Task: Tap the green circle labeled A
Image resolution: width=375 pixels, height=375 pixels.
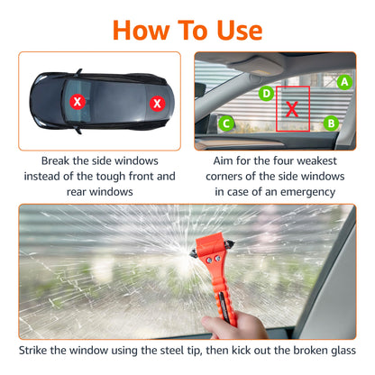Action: point(343,81)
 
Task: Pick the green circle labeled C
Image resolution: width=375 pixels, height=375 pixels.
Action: point(227,123)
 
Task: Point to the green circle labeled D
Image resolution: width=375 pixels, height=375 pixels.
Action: point(266,93)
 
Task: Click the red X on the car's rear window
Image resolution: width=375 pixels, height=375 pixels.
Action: point(158,104)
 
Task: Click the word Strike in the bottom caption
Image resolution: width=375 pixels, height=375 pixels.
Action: point(40,350)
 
